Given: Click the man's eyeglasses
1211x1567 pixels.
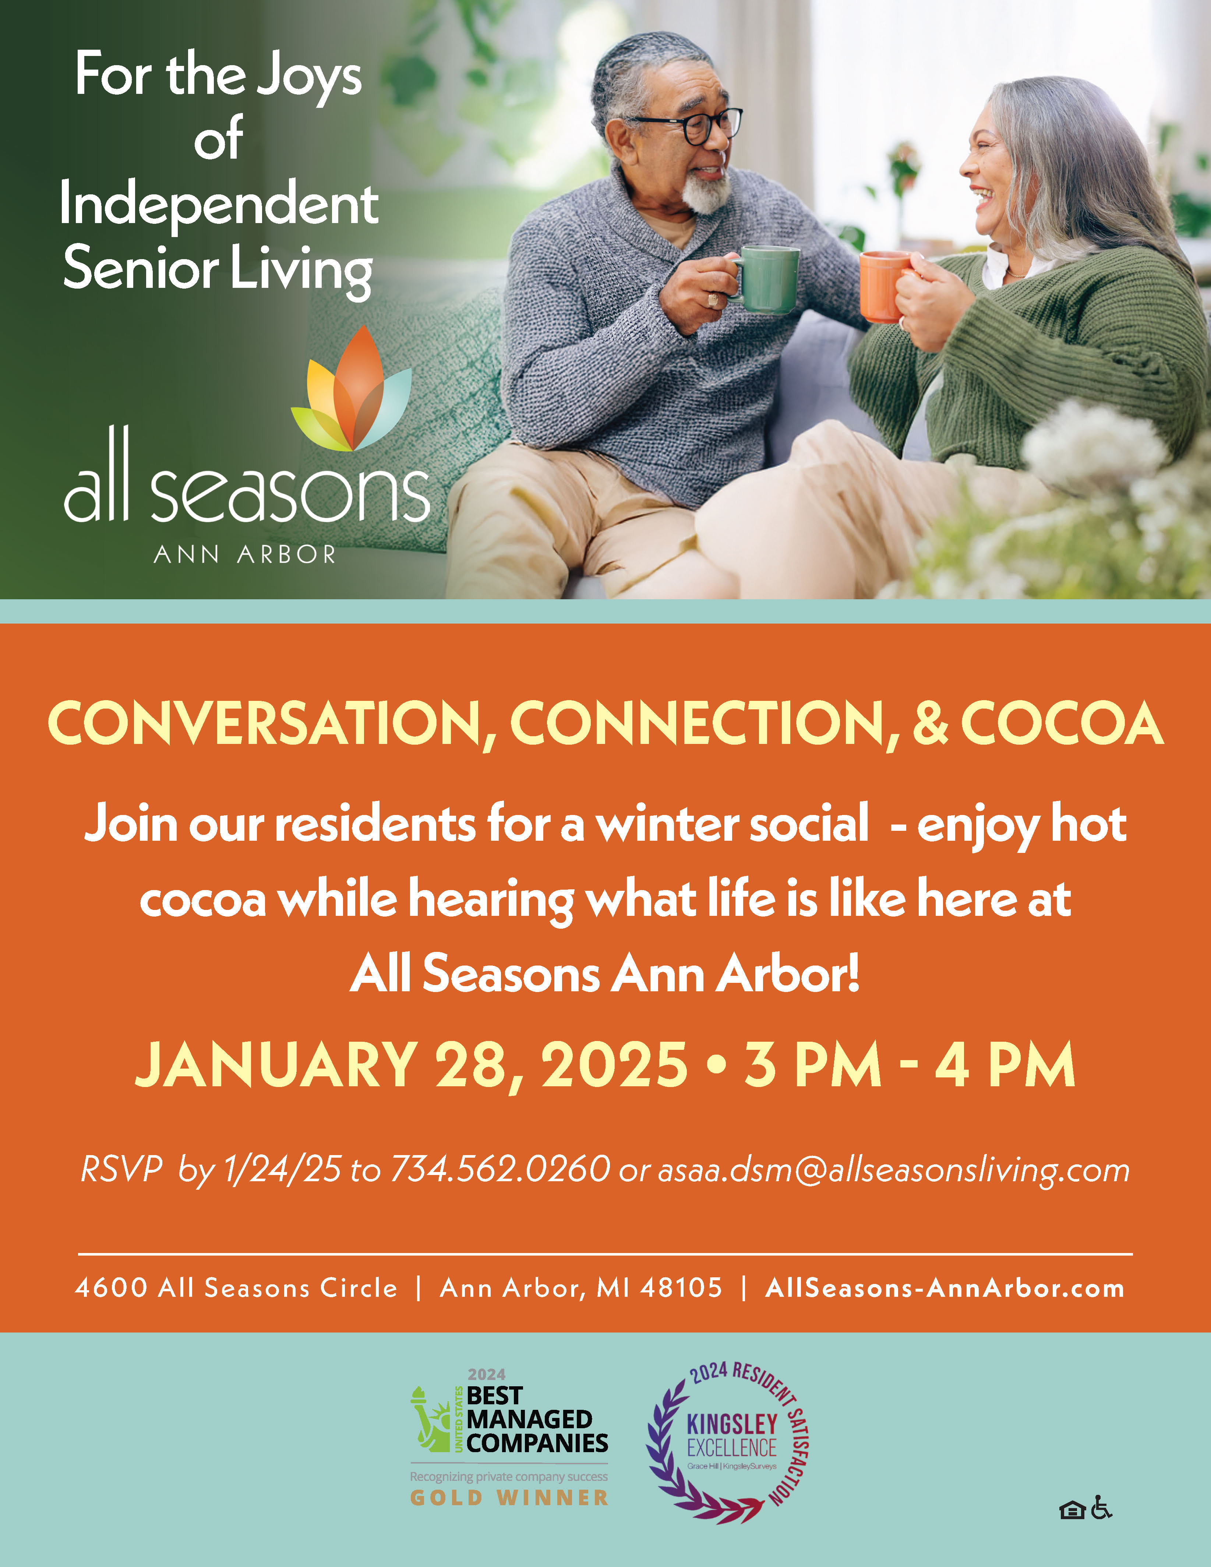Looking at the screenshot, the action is click(x=689, y=126).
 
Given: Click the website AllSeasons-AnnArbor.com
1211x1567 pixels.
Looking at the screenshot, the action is click(x=945, y=1288).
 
